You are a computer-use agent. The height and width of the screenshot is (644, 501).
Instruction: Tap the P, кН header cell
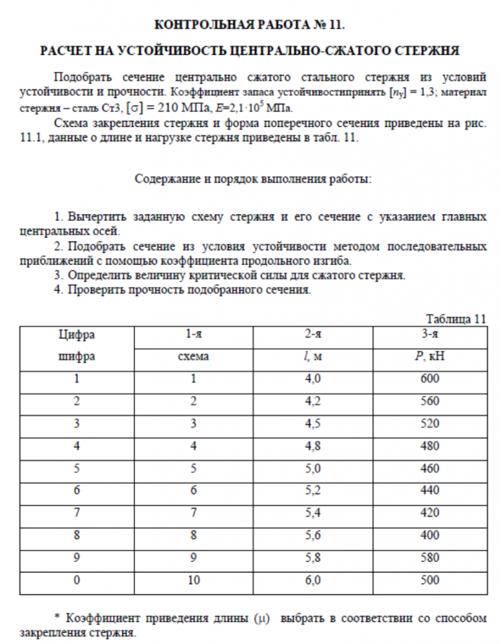coord(429,355)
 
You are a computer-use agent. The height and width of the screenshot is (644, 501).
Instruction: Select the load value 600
coord(430,379)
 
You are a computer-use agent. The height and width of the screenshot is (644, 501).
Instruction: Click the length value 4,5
coord(313,424)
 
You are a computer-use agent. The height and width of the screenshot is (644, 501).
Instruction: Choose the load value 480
coord(430,446)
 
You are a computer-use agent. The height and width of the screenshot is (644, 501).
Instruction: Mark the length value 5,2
coord(313,491)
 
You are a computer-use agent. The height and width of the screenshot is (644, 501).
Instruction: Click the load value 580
coord(430,558)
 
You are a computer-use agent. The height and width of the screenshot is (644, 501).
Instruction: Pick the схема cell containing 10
coord(193,580)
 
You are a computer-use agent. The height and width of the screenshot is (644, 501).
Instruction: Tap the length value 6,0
coord(313,580)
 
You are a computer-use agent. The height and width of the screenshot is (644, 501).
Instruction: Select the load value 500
coord(430,580)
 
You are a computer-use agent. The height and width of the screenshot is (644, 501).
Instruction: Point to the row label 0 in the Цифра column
coord(77,580)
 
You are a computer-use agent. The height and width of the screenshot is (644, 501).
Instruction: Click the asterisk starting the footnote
coord(57,618)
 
